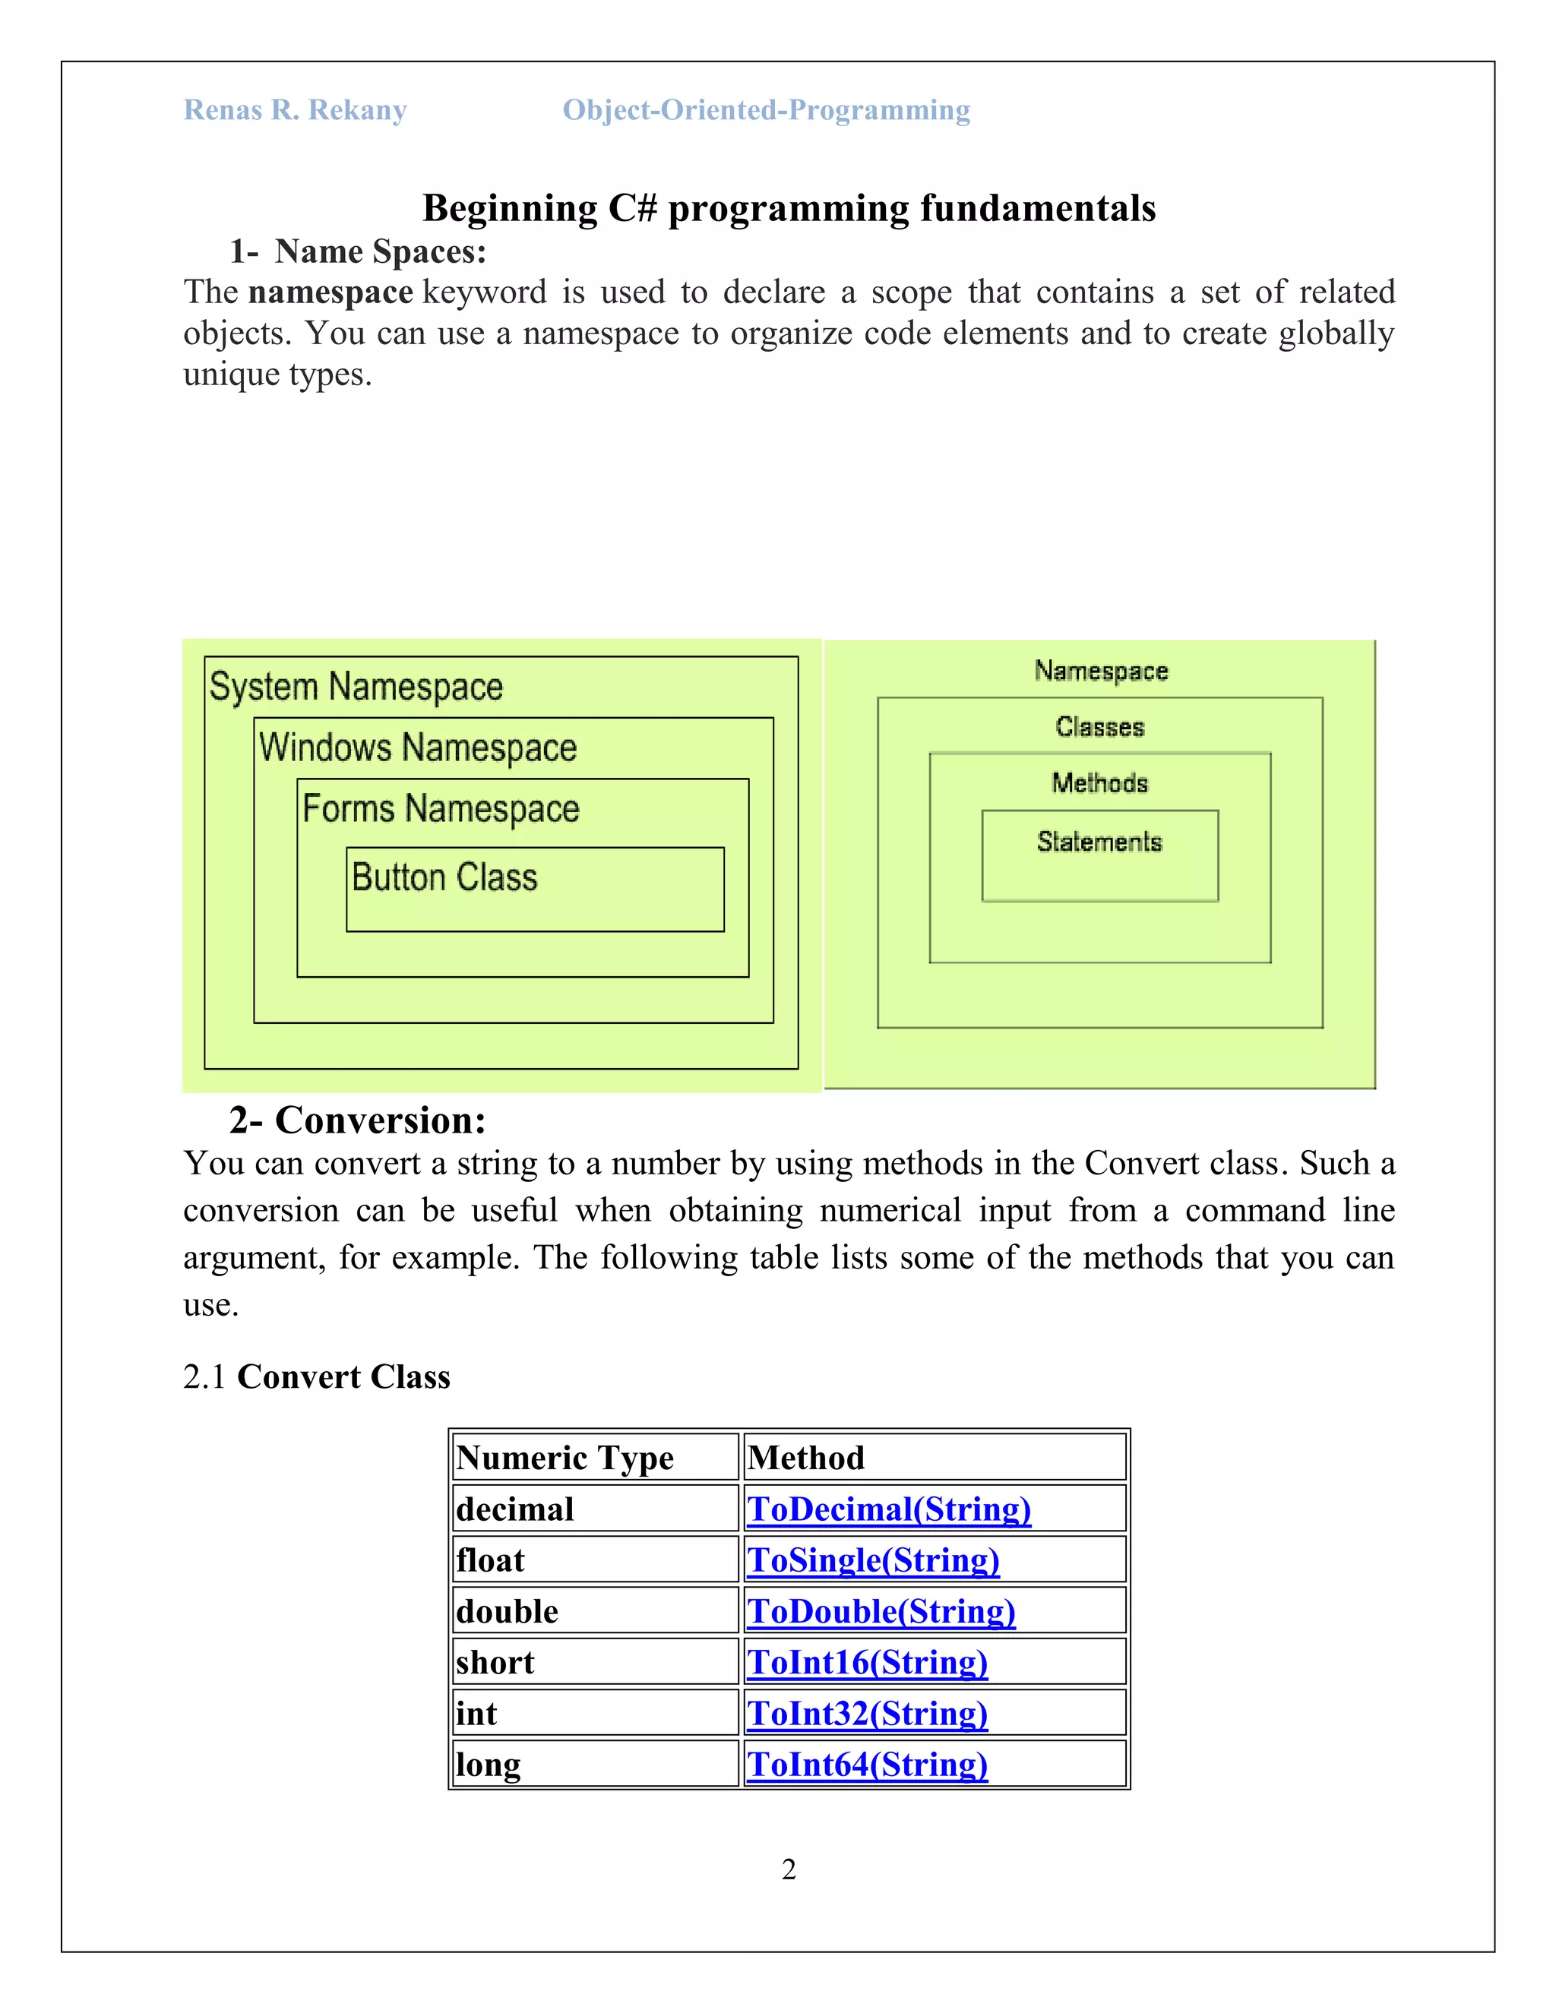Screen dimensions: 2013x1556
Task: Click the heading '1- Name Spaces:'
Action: (358, 251)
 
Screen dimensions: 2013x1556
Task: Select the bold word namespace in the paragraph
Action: (330, 292)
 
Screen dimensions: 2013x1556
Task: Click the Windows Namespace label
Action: (418, 747)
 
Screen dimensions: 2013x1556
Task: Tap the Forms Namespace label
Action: (441, 808)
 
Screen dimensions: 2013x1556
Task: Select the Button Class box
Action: (535, 889)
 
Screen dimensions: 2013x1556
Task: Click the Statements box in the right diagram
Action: (1099, 855)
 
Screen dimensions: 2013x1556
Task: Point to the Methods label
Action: (1099, 783)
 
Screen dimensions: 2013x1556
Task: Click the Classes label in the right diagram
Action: (1099, 727)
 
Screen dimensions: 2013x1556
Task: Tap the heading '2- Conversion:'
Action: (358, 1120)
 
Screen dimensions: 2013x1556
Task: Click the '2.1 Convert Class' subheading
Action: (316, 1376)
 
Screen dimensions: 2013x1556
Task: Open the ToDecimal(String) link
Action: (889, 1509)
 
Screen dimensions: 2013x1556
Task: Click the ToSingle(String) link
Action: (873, 1560)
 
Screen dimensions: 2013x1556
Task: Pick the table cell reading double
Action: (507, 1611)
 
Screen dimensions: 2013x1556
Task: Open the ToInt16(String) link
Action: (866, 1662)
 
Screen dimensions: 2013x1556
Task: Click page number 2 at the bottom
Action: (788, 1869)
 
